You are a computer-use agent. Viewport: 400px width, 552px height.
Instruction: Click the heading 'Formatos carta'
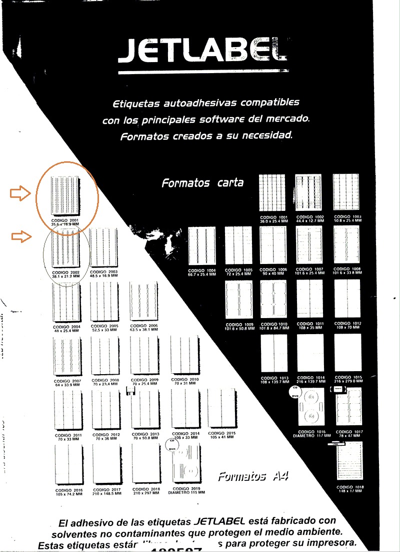(202, 183)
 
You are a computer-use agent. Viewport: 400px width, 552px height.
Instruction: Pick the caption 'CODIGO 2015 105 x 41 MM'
(222, 435)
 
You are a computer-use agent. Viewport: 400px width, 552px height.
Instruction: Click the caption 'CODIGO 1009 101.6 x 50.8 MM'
(239, 327)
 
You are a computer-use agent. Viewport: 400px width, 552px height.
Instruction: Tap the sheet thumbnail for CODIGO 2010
(185, 356)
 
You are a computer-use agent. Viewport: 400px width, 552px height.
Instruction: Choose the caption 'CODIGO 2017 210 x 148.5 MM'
(107, 491)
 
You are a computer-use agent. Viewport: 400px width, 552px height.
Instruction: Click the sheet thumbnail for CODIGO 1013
(274, 354)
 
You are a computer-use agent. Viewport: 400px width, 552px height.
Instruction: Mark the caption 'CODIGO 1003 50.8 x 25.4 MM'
(346, 219)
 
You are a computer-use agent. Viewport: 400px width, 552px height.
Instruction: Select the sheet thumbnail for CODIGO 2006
(143, 302)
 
